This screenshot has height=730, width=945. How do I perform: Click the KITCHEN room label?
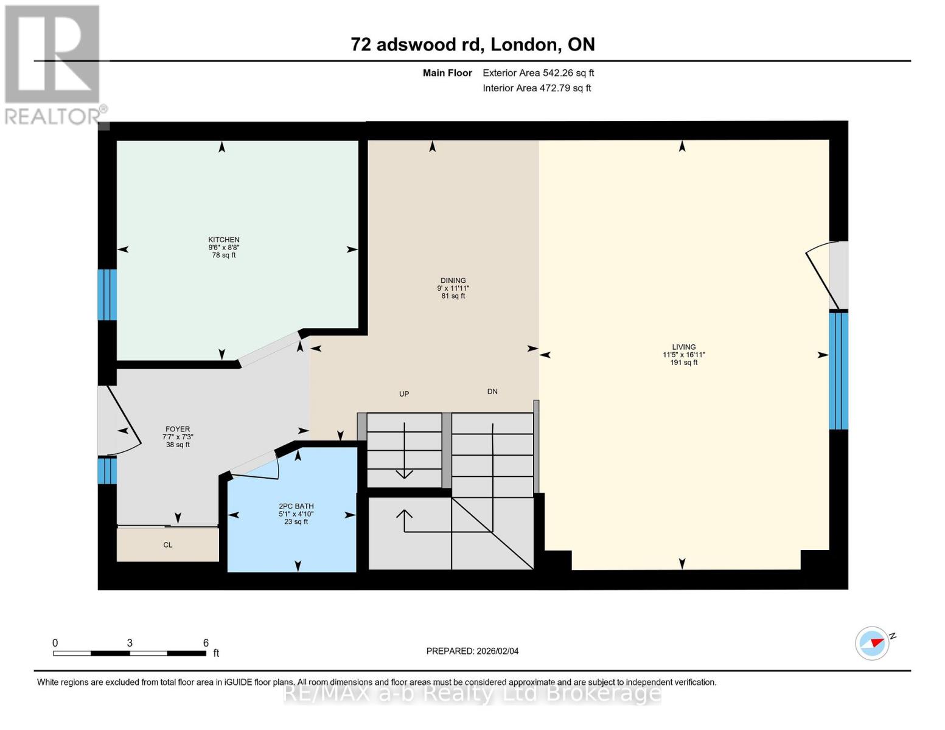click(223, 240)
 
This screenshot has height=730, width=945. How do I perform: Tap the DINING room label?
click(453, 280)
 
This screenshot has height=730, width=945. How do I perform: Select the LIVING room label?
click(684, 347)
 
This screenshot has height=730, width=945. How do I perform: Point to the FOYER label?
click(178, 429)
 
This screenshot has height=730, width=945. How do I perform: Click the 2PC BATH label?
click(296, 506)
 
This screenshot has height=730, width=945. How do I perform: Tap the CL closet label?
click(168, 545)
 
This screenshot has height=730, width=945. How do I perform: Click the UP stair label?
click(404, 394)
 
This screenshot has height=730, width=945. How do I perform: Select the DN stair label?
click(492, 392)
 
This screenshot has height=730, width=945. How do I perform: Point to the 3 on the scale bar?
click(130, 643)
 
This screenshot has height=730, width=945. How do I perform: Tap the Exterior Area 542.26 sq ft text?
click(538, 73)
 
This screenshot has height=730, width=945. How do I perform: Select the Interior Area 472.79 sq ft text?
click(537, 88)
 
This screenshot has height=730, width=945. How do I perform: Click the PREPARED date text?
click(472, 651)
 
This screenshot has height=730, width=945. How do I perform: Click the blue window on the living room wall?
click(839, 370)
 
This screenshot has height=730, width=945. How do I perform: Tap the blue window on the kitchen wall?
click(107, 294)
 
